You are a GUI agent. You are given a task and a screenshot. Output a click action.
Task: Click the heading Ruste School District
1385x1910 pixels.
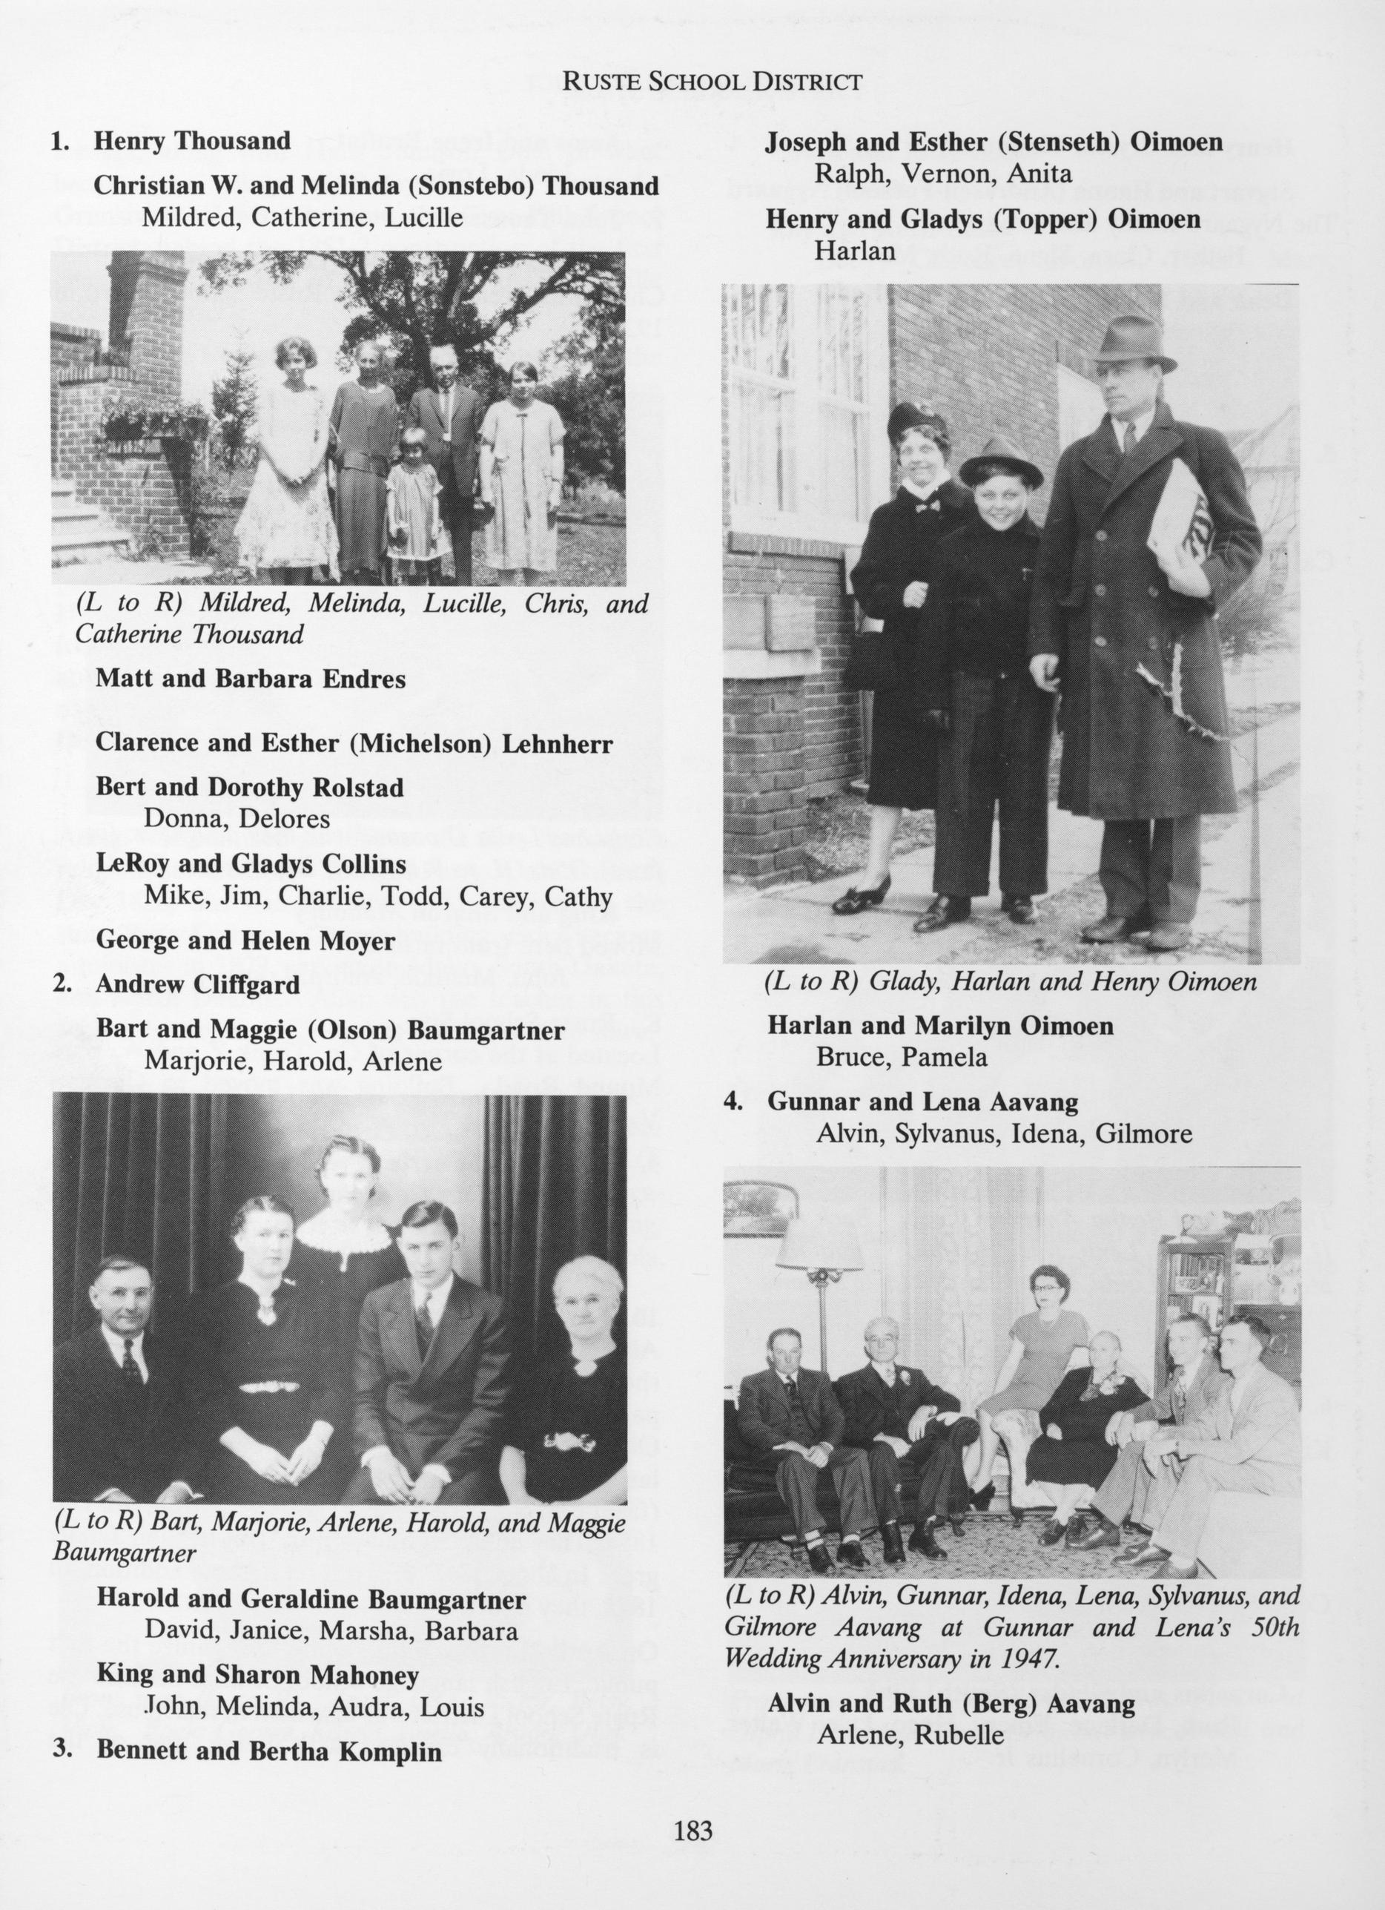tap(712, 82)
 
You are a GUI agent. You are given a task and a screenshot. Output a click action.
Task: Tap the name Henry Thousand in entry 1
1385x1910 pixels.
tap(192, 141)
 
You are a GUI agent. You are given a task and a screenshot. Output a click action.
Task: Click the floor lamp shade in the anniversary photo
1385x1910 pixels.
tap(819, 1245)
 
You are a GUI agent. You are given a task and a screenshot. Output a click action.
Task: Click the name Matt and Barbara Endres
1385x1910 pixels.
tap(250, 679)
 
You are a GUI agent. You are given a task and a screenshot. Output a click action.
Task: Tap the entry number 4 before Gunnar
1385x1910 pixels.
tap(733, 1102)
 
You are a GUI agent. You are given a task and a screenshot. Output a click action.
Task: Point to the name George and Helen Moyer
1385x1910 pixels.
tap(245, 941)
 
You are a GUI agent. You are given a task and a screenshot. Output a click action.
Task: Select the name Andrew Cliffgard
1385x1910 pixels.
tap(198, 984)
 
